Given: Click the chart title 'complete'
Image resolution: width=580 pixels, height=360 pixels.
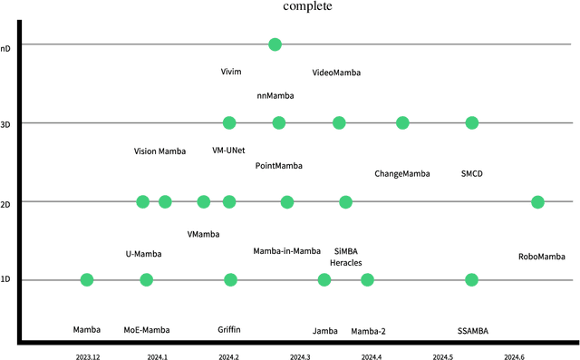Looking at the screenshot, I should [x=307, y=6].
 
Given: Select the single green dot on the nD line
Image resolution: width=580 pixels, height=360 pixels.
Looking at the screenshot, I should [x=275, y=44].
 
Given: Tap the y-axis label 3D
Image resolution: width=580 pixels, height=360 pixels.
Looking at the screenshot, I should [x=5, y=122].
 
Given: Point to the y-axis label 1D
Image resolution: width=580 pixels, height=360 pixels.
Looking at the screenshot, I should [x=5, y=279].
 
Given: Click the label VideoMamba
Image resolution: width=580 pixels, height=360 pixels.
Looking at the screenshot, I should [x=336, y=72].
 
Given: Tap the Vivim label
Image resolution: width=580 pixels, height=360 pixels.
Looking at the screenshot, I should [x=232, y=72].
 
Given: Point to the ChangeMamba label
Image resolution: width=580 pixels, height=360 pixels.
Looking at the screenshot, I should [x=402, y=173].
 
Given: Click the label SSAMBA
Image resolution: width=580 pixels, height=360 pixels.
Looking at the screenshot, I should [x=473, y=331].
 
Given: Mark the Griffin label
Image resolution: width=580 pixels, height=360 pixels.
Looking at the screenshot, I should [x=229, y=331].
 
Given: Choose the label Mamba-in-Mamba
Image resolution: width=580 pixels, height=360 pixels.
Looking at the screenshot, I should [x=286, y=251].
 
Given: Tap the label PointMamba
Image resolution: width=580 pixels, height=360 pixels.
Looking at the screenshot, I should [x=279, y=166].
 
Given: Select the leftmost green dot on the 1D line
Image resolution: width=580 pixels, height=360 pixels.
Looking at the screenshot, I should [x=87, y=279].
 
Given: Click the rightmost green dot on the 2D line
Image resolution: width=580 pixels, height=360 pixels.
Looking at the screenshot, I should [x=537, y=201].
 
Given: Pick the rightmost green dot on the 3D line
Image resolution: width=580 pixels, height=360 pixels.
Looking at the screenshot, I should [x=471, y=122].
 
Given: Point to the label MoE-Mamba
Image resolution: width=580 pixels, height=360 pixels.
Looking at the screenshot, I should [x=147, y=331].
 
